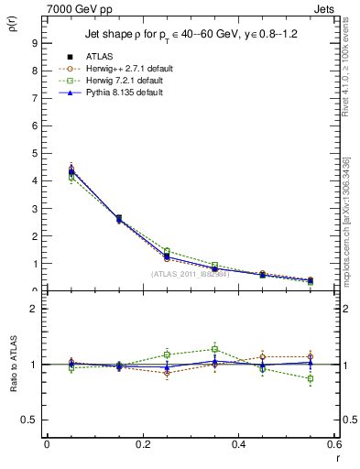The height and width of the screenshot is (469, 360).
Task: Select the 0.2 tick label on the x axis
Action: pyautogui.click(x=142, y=445)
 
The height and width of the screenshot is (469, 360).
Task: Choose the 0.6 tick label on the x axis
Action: pyautogui.click(x=333, y=445)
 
